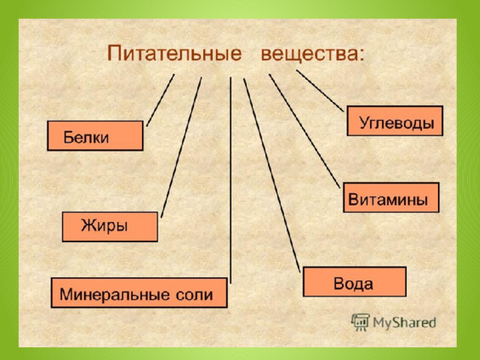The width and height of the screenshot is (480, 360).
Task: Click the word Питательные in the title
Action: (175, 53)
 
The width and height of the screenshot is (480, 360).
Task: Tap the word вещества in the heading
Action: (308, 54)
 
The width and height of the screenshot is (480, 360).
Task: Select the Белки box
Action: (95, 136)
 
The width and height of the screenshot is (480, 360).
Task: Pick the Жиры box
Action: (110, 226)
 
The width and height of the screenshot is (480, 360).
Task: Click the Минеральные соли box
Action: (139, 292)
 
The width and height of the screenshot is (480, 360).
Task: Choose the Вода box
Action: (355, 282)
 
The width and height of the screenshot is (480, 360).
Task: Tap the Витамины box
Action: (391, 197)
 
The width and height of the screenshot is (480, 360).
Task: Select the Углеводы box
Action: (395, 121)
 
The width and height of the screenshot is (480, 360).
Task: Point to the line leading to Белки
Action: (160, 100)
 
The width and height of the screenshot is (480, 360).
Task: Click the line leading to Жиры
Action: (181, 147)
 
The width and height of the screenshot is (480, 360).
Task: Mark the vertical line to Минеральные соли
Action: (230, 180)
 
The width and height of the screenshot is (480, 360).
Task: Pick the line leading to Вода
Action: (271, 175)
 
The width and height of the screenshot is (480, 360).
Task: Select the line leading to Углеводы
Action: (320, 91)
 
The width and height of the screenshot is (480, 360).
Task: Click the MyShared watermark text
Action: (404, 322)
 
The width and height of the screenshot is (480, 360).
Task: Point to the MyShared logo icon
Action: (360, 322)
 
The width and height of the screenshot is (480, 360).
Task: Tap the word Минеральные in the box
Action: (115, 295)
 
